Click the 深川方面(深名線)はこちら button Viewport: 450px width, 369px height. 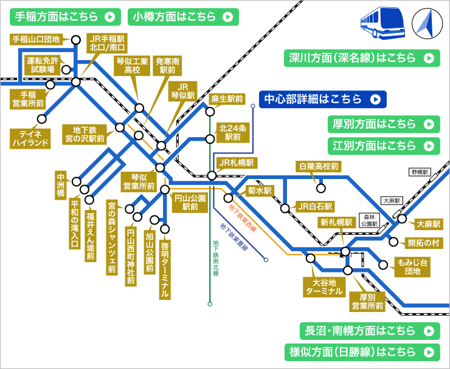tap(361, 58)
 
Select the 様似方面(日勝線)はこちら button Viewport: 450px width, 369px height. tap(361, 351)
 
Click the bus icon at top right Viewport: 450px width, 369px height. tap(381, 23)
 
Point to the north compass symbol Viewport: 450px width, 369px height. tap(426, 23)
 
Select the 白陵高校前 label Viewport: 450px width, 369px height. tap(319, 166)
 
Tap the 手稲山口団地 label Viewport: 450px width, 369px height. tap(36, 39)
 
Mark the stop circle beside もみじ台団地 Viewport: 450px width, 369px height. tap(382, 264)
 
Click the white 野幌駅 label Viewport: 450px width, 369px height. tap(420, 172)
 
